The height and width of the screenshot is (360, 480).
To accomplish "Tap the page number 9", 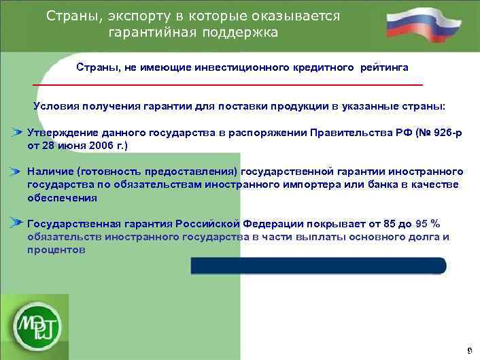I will (469, 350).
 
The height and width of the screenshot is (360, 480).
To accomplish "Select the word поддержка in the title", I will (243, 33).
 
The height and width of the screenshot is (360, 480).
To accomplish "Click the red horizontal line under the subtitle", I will (228, 84).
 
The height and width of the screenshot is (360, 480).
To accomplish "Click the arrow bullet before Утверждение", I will (18, 131).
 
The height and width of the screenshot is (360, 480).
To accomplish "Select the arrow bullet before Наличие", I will (18, 173).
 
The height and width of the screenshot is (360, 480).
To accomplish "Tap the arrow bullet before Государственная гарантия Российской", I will (18, 222).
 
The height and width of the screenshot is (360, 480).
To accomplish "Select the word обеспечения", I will (62, 198).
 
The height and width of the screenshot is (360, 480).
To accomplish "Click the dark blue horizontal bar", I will (318, 265).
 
